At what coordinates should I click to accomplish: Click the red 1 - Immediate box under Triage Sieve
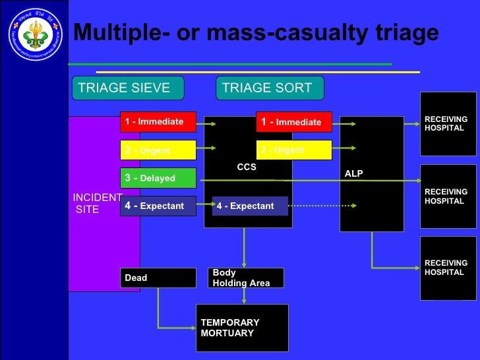pyautogui.click(x=158, y=122)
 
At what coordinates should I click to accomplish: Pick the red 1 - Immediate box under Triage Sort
pyautogui.click(x=294, y=122)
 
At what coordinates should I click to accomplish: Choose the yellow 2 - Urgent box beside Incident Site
pyautogui.click(x=158, y=150)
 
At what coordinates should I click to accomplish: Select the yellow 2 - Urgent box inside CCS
pyautogui.click(x=294, y=150)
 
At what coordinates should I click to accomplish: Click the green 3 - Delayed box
pyautogui.click(x=158, y=178)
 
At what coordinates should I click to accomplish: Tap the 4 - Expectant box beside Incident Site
pyautogui.click(x=158, y=206)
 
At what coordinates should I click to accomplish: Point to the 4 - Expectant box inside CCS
pyautogui.click(x=250, y=206)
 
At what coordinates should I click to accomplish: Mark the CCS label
pyautogui.click(x=247, y=167)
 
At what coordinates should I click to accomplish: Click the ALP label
pyautogui.click(x=354, y=173)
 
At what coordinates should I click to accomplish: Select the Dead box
pyautogui.click(x=158, y=278)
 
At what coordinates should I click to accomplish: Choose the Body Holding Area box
pyautogui.click(x=246, y=278)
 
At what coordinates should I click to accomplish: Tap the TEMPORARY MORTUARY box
pyautogui.click(x=242, y=328)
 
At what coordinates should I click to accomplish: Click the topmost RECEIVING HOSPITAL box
pyautogui.click(x=448, y=124)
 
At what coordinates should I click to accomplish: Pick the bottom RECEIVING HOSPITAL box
pyautogui.click(x=448, y=268)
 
